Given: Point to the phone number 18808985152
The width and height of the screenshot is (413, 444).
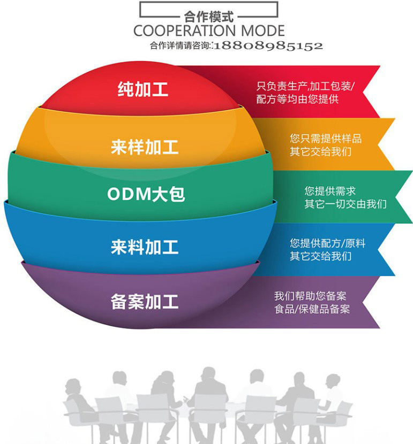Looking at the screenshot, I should (x=268, y=47).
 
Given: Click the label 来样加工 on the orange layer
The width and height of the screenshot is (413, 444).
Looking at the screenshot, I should (x=145, y=147).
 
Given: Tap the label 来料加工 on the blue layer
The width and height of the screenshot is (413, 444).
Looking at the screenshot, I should (x=145, y=247).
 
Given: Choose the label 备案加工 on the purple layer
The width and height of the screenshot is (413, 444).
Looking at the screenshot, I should (x=145, y=302).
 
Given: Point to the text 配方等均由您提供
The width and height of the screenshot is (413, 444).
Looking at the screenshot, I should (x=297, y=99).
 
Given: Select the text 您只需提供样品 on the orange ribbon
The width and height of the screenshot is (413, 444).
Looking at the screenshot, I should (x=326, y=139).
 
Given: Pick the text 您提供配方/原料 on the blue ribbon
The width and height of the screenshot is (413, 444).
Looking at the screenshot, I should (x=328, y=243).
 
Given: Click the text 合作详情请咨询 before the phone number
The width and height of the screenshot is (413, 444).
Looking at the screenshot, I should (x=180, y=46).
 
